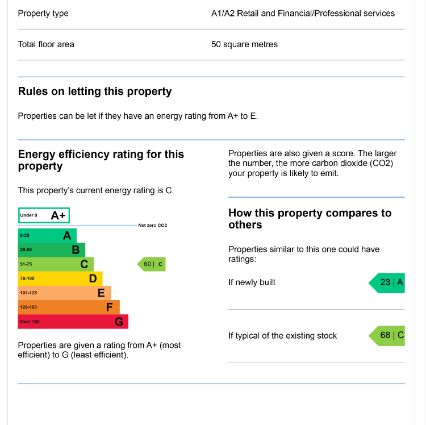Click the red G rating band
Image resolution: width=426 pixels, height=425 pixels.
point(73,322)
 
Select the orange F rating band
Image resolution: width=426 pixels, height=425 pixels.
point(68,307)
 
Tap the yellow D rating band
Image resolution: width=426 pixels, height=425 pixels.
point(60,278)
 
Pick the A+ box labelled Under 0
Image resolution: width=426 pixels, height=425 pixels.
point(44,215)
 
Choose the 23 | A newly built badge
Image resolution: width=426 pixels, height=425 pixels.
point(388,282)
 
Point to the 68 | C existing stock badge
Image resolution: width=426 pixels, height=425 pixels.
point(388,335)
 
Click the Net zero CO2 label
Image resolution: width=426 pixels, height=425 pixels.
point(153,226)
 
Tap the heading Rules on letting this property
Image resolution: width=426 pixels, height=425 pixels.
point(95,91)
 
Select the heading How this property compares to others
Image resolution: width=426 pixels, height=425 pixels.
point(310,219)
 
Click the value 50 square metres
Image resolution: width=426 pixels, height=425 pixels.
point(244,44)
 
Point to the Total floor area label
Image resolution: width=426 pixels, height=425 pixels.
point(46,44)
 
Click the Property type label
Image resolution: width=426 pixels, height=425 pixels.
point(43,13)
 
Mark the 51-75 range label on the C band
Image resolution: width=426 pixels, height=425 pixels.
point(26,264)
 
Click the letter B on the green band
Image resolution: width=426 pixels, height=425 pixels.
point(75,249)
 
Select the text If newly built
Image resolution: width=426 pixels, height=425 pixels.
point(252,282)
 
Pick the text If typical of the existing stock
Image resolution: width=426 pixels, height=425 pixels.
point(282,336)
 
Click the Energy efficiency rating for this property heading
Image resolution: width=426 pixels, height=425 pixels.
point(101,160)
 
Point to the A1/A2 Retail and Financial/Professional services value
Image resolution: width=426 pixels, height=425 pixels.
point(303,13)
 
